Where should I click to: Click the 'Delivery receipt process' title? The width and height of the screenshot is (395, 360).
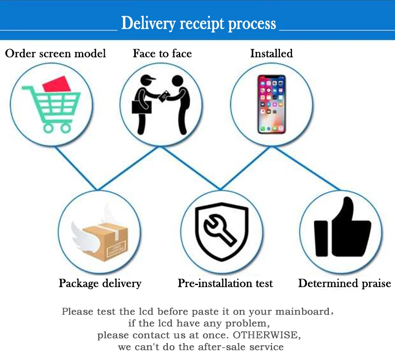click(198, 24)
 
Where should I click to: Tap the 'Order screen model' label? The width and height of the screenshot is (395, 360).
click(55, 53)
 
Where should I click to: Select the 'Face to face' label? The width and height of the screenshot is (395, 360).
click(162, 53)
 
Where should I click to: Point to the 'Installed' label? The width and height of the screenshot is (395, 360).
click(271, 53)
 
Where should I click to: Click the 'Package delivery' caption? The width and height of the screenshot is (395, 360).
click(100, 284)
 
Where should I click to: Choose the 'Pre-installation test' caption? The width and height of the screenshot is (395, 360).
click(225, 284)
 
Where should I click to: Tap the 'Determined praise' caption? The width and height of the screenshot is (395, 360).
click(344, 284)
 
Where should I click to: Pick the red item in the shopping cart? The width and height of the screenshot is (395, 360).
click(57, 84)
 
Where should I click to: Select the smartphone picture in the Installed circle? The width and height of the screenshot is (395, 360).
click(271, 104)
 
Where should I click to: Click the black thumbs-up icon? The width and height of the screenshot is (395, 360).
click(342, 229)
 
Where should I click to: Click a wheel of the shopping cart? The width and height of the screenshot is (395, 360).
click(49, 127)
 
